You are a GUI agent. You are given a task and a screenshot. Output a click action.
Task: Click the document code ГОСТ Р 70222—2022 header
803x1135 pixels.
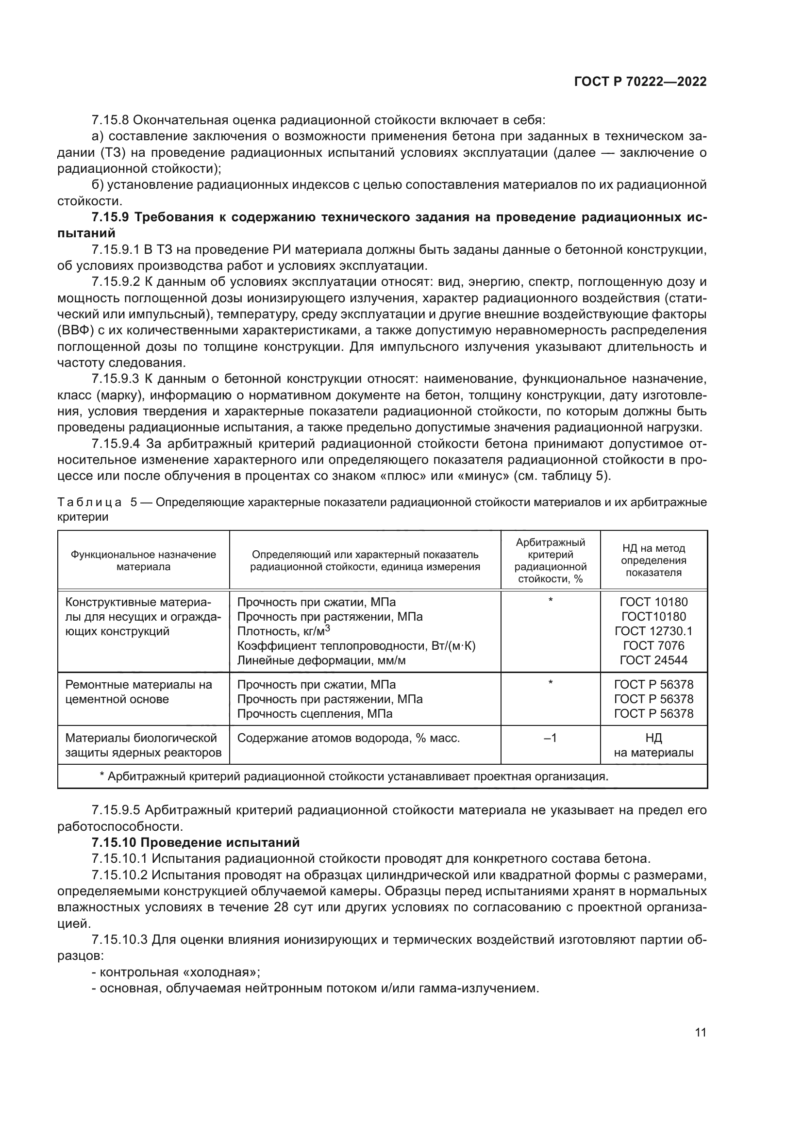coord(640,82)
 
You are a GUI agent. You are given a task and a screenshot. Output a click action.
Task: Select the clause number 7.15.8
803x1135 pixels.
coord(110,120)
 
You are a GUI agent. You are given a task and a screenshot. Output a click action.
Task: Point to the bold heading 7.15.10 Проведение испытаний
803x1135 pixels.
coord(196,842)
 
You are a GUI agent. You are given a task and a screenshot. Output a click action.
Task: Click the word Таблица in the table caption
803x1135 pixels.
coord(89,503)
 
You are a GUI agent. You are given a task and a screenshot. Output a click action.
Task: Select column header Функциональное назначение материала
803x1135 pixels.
coord(143,560)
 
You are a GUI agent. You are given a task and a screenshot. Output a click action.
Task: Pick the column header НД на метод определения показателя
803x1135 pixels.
coord(653,560)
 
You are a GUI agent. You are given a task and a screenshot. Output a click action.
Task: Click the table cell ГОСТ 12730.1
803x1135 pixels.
coord(653,631)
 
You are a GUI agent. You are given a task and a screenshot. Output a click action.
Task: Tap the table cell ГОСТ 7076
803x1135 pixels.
coord(653,645)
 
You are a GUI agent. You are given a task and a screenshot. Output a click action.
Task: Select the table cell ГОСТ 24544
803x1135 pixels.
coord(653,660)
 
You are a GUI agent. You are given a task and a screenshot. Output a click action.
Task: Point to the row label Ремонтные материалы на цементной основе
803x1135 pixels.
coord(139,692)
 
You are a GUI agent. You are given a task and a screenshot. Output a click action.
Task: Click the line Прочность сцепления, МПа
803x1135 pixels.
coord(315,714)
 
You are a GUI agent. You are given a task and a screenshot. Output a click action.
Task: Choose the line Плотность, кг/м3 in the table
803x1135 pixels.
coord(284,631)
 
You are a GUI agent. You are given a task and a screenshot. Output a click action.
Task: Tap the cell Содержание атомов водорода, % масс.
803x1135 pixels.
coord(349,739)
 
